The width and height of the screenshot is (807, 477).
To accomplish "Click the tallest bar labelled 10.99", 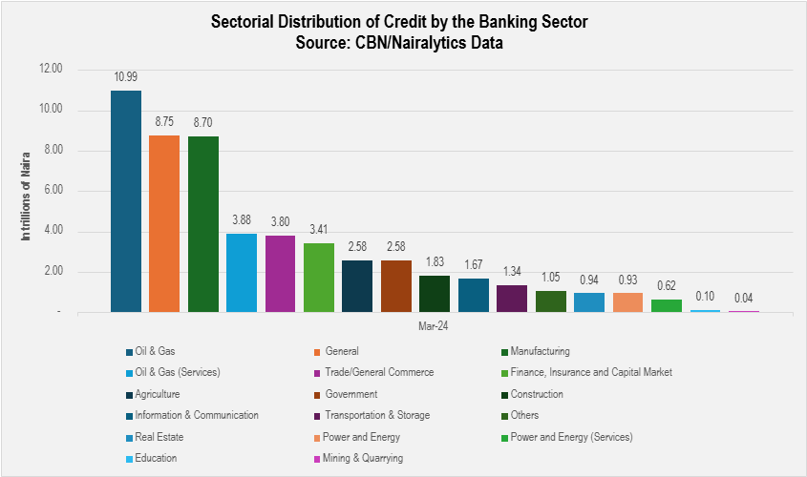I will click(x=126, y=201).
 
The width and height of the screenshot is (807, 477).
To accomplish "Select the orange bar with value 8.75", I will click(x=164, y=224).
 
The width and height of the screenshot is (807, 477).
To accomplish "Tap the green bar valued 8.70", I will click(x=203, y=224).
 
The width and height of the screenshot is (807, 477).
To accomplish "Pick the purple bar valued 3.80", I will click(x=280, y=274).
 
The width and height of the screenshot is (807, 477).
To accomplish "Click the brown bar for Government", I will click(x=395, y=286).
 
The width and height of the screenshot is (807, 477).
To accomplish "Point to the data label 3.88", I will click(x=242, y=221).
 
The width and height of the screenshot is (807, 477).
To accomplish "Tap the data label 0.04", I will click(x=743, y=299).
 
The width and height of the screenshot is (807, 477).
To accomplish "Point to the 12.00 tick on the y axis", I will click(x=50, y=70).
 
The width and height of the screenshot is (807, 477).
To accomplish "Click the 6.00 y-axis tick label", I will click(x=52, y=191).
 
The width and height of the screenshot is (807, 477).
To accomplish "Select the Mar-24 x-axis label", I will click(x=435, y=326).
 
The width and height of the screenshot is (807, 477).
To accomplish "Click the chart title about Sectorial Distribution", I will click(x=402, y=23).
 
